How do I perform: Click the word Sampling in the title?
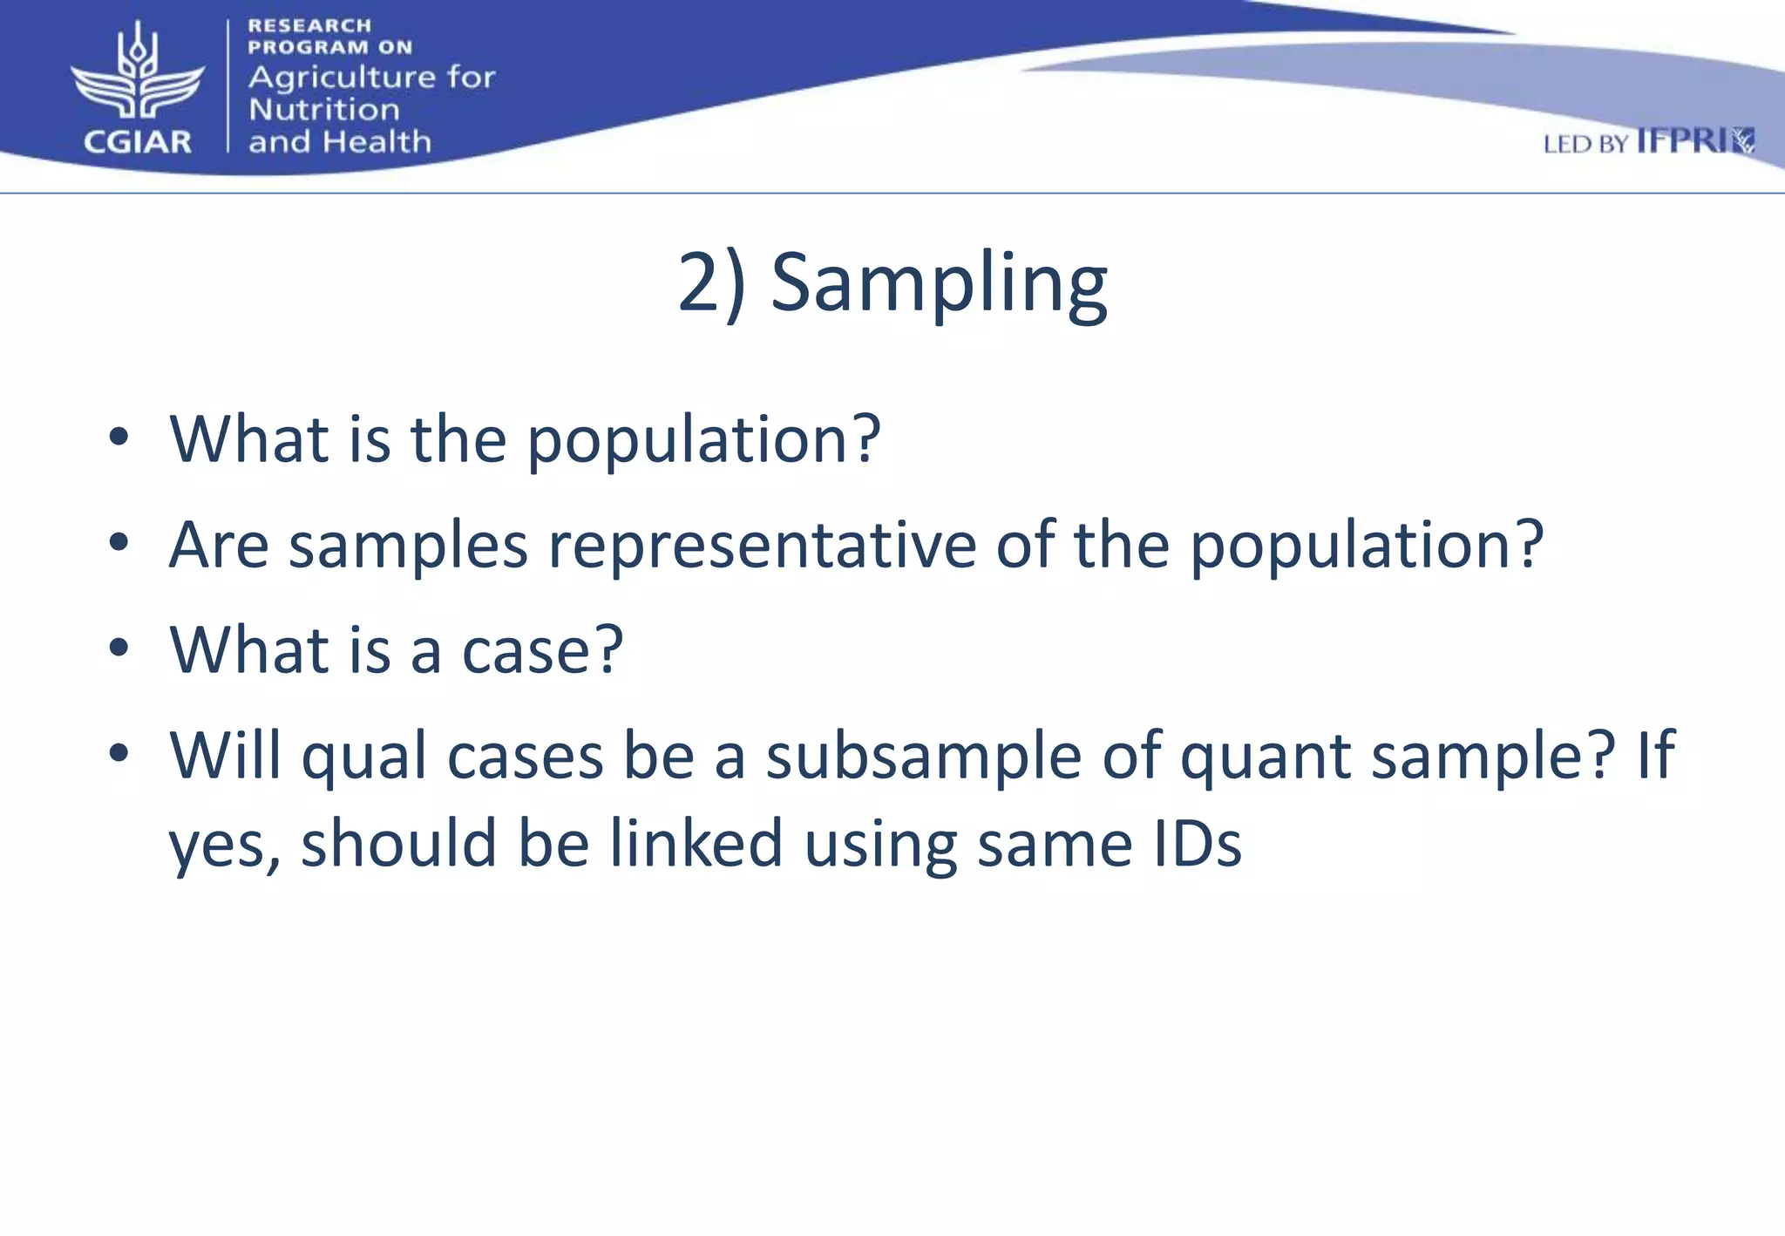pos(939,283)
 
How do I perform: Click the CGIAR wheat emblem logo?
pos(138,74)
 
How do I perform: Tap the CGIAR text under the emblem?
pos(138,142)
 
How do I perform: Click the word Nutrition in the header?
pos(324,110)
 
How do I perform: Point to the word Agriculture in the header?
pos(342,78)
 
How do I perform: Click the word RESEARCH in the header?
pos(309,26)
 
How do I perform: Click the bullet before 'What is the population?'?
pos(119,438)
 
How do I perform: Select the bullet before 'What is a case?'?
pos(119,649)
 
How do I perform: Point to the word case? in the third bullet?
pos(542,651)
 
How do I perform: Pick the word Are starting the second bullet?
pos(219,546)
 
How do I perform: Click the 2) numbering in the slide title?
pos(711,283)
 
